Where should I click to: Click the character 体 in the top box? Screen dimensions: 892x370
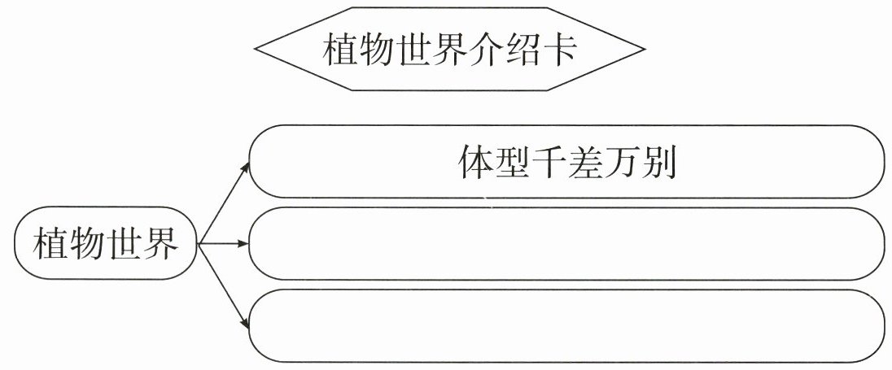click(475, 165)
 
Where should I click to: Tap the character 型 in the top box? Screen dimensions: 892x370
click(515, 165)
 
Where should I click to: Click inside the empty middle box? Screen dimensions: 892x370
click(566, 244)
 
